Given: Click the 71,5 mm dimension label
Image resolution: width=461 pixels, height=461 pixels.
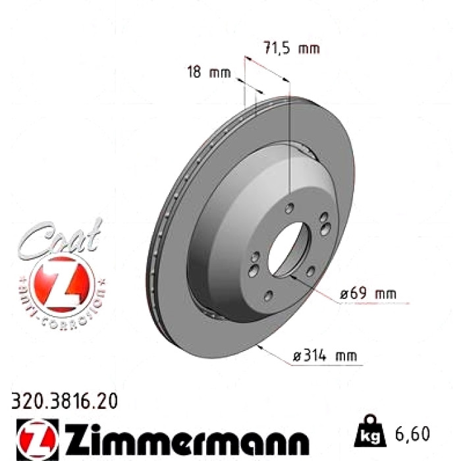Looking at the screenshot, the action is [291, 48].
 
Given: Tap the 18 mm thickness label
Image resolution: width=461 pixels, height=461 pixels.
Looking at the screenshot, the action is [209, 72].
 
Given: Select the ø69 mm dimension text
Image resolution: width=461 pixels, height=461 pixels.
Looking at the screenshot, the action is [368, 294].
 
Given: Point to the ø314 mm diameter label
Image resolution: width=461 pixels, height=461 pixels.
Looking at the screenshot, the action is [325, 356].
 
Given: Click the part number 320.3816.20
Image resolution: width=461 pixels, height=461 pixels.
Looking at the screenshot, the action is [65, 401].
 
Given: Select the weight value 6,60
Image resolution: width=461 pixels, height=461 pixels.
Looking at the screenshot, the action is [412, 433].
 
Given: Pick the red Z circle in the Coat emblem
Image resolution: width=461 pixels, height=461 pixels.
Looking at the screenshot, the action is [61, 284].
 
